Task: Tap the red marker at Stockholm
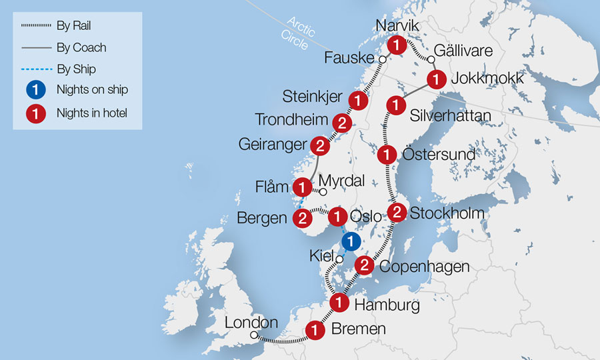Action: tap(397, 213)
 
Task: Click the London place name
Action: tap(251, 323)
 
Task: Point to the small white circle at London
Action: tap(253, 336)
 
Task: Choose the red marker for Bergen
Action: tap(303, 218)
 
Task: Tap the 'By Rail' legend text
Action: tap(75, 26)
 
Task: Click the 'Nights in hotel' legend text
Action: tap(91, 113)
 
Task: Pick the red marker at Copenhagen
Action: tap(364, 265)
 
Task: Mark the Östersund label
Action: tap(439, 155)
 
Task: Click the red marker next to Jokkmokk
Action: tap(436, 79)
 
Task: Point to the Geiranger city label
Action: tap(272, 145)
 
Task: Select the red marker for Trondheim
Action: tap(342, 123)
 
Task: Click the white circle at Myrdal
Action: tap(323, 192)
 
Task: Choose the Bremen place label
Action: tap(359, 329)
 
